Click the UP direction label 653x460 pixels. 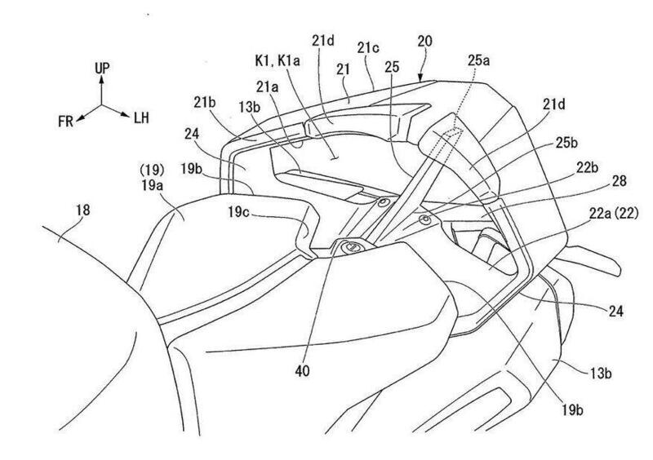click(103, 68)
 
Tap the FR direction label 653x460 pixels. click(66, 122)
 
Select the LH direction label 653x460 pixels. click(141, 117)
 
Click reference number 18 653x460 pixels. click(83, 210)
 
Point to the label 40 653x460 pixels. click(302, 371)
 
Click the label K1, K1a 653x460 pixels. click(278, 61)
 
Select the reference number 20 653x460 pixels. click(424, 42)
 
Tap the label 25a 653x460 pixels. click(478, 60)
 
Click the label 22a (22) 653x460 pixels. click(614, 214)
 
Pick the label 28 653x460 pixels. click(620, 182)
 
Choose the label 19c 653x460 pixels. click(239, 212)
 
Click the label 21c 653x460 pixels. click(368, 48)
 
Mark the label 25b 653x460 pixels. click(566, 143)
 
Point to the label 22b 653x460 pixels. click(588, 168)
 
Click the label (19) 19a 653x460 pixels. click(152, 178)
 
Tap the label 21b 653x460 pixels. click(205, 103)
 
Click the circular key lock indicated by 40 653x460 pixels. click(352, 247)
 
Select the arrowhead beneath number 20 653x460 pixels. click(420, 77)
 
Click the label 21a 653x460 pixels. click(267, 87)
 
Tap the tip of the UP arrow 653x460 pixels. click(101, 76)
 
